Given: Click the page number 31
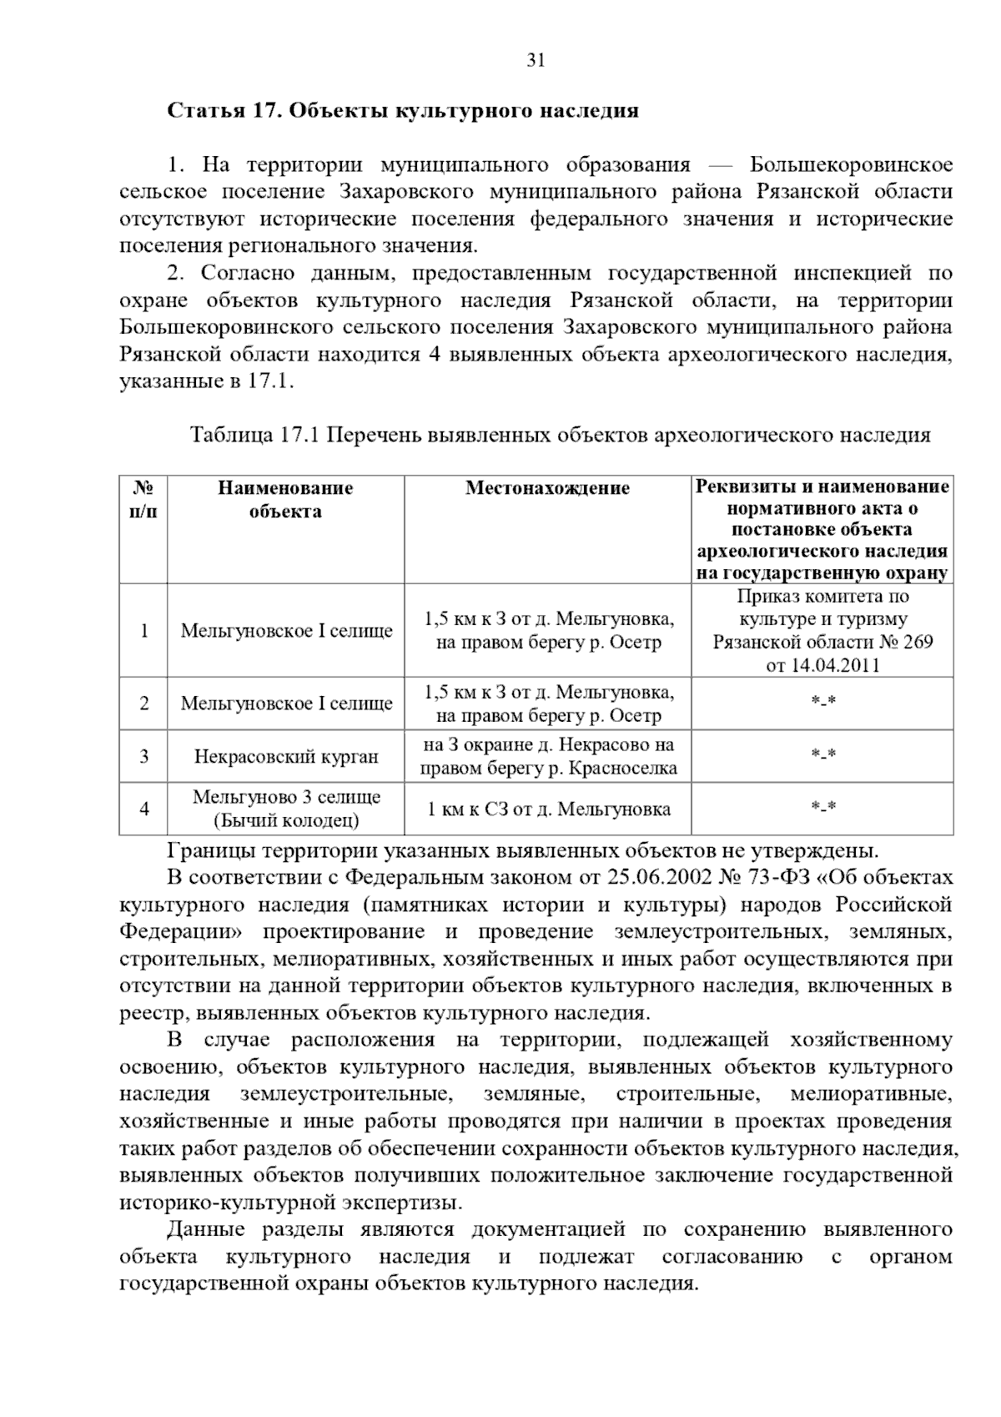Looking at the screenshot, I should (536, 60).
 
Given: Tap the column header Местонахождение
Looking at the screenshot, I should (547, 488).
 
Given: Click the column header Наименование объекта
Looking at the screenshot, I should (285, 499).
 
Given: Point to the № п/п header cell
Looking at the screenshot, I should (143, 499).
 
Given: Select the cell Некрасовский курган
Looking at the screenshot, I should (285, 757).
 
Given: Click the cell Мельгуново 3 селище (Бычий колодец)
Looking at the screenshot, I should (285, 809).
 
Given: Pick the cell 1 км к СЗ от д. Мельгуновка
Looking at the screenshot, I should (547, 809).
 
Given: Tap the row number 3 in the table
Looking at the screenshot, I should (143, 757).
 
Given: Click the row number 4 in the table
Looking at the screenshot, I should (143, 809).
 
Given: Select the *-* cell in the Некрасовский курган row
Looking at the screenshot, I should (822, 757).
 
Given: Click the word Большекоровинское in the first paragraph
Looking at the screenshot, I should (851, 165).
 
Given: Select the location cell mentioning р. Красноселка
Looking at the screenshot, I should (547, 757).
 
